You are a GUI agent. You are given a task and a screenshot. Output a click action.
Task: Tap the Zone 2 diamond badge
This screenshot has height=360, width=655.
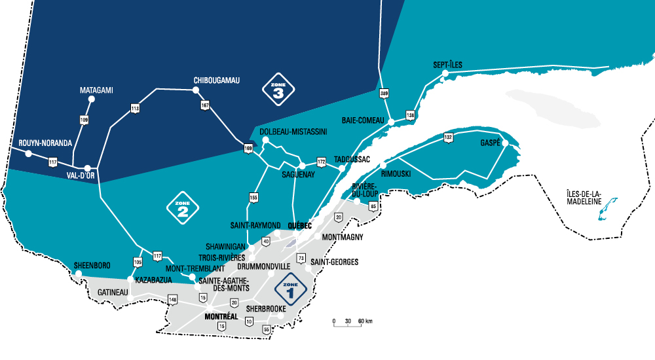(183, 208)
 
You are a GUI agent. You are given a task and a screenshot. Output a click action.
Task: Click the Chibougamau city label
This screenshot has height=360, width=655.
(217, 81)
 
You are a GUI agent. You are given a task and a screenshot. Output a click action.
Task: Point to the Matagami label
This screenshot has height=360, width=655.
(96, 90)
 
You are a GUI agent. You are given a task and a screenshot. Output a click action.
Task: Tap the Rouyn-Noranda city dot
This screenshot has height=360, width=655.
(28, 153)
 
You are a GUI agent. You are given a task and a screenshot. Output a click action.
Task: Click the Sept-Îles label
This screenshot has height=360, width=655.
(447, 65)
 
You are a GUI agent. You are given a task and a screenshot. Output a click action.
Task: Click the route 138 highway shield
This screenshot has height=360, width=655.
(411, 116)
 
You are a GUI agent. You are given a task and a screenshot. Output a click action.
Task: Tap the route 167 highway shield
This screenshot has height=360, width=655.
(205, 106)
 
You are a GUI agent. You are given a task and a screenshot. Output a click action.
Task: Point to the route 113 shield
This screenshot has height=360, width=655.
(135, 108)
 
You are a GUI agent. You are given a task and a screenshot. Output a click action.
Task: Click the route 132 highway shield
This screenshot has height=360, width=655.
(448, 137)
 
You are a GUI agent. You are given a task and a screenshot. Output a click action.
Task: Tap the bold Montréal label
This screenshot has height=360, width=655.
(221, 317)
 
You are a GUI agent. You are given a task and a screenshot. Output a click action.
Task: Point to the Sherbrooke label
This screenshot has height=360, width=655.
(267, 308)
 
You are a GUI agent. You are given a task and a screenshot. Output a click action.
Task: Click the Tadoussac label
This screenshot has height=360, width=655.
(352, 159)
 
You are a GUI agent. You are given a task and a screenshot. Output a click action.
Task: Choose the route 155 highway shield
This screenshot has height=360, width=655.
(253, 197)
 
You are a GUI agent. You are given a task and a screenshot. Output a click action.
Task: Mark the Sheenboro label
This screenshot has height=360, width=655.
(92, 265)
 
